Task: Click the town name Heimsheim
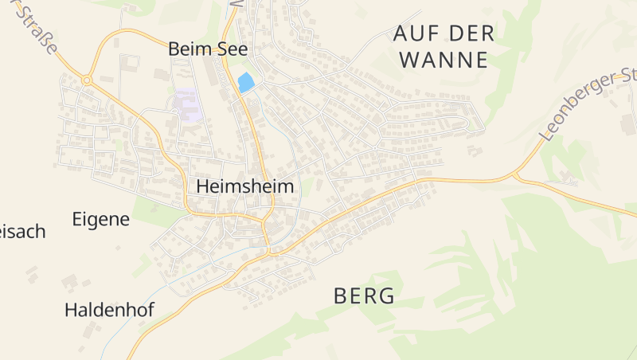click(x=244, y=186)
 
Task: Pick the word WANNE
click(x=443, y=60)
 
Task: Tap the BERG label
click(x=364, y=296)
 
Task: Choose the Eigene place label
click(x=100, y=219)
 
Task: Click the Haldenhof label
click(x=109, y=310)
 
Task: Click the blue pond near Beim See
click(x=246, y=82)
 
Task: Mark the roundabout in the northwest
click(x=86, y=80)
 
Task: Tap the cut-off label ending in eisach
click(x=22, y=232)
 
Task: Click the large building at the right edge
click(x=629, y=123)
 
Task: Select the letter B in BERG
click(x=341, y=296)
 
